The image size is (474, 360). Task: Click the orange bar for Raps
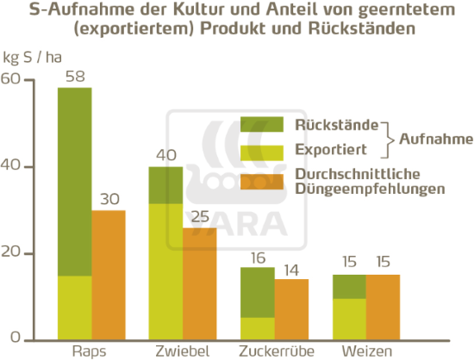(108, 274)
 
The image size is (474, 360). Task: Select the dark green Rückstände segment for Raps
(74, 181)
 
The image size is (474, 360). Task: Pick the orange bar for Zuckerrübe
(291, 308)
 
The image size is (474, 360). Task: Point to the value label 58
(74, 77)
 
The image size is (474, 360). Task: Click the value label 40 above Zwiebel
(165, 156)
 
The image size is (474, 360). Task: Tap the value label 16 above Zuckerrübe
(258, 257)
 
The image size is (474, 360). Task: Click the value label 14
(291, 269)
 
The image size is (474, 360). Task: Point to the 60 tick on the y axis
(10, 79)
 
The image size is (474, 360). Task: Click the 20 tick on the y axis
(10, 253)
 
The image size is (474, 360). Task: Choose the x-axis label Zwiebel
(183, 351)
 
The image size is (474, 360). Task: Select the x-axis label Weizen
(366, 351)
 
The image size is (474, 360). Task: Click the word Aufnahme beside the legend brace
(436, 137)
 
